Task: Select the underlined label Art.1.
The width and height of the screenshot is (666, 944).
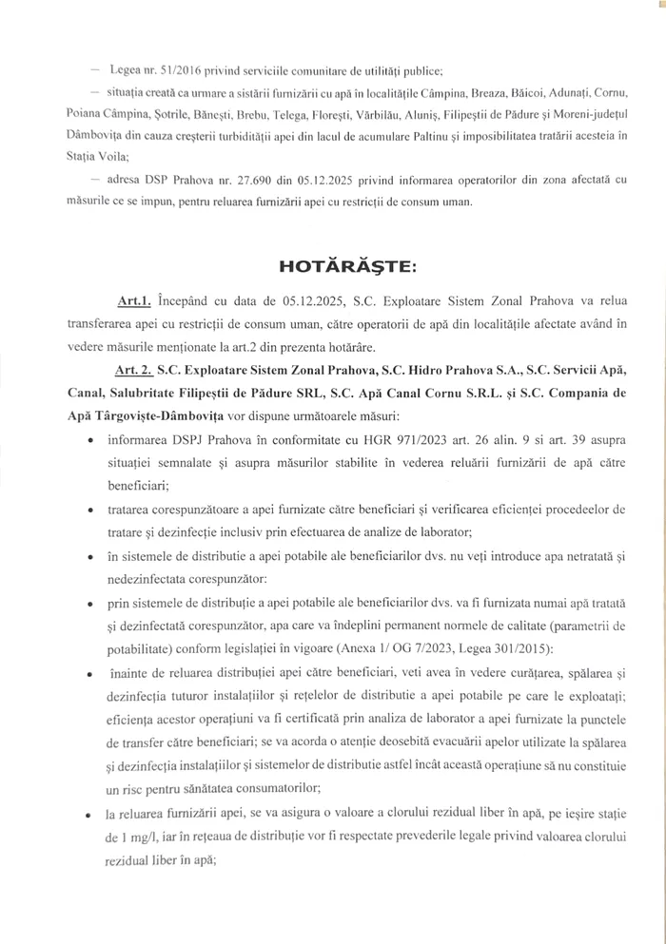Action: (134, 302)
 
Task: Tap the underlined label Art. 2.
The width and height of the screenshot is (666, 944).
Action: (136, 368)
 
